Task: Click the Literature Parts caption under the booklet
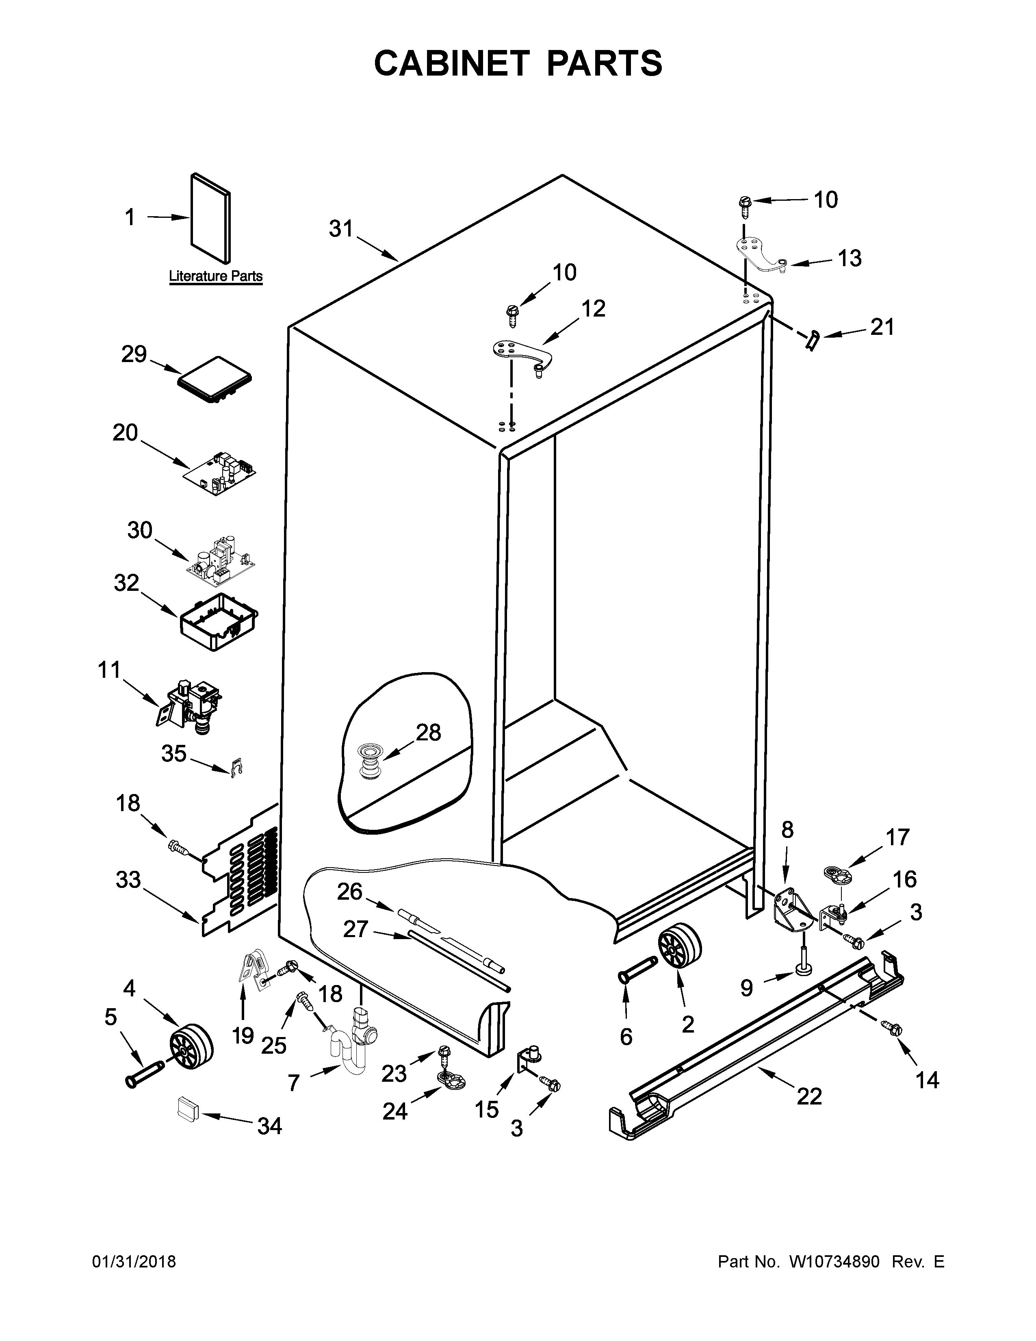click(215, 276)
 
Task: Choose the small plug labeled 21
click(814, 339)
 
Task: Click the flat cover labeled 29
click(215, 379)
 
